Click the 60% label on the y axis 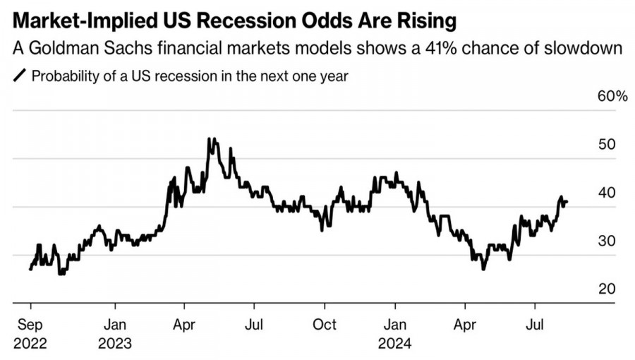coord(612,97)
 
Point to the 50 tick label coord(607,145)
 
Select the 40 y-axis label coord(607,193)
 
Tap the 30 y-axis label coord(607,241)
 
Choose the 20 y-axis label coord(607,289)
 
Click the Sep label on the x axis coord(30,325)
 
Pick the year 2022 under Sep coord(30,344)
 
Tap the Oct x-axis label coord(324,325)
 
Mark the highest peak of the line coord(210,138)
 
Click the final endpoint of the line coord(567,203)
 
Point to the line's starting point coord(30,269)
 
